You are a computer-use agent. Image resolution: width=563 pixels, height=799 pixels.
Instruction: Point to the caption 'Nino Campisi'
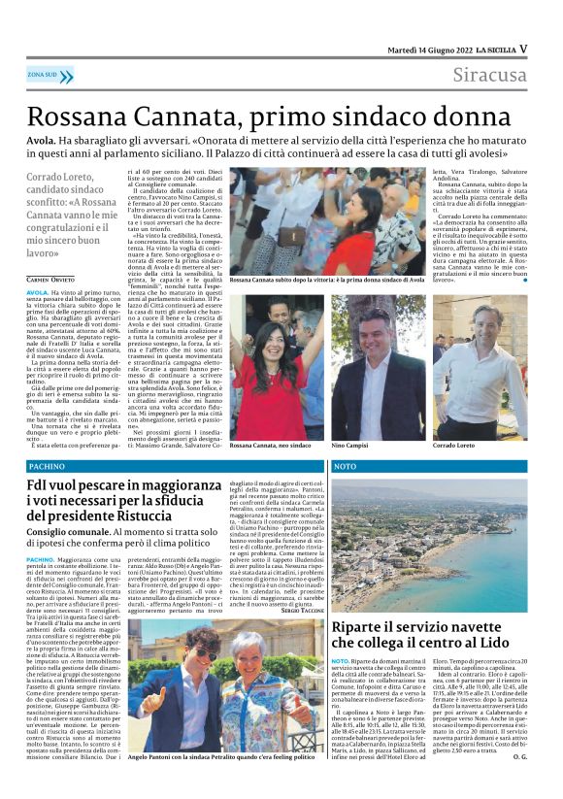(x=351, y=443)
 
